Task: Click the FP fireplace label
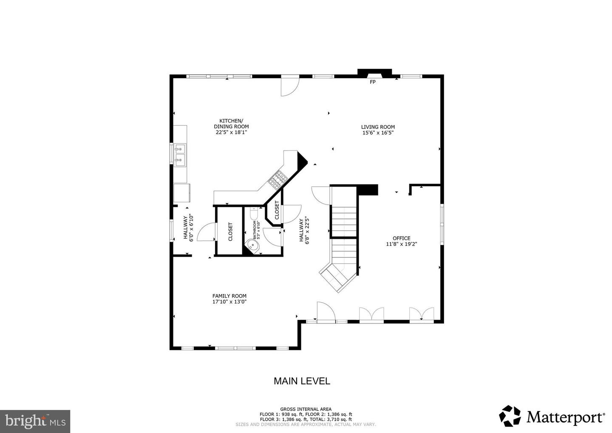coord(372,82)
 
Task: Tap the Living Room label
coord(378,127)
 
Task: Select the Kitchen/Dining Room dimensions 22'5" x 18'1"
coord(231,132)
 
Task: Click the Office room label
coord(401,238)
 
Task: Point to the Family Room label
coord(229,296)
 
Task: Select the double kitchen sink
coord(180,155)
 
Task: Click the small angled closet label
coord(277,210)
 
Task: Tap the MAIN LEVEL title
coord(302,381)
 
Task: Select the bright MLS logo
coord(35,421)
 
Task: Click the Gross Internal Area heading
coord(306,409)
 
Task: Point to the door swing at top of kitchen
coord(290,86)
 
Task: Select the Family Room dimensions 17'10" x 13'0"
coord(229,302)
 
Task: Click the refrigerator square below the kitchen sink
coord(182,193)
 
